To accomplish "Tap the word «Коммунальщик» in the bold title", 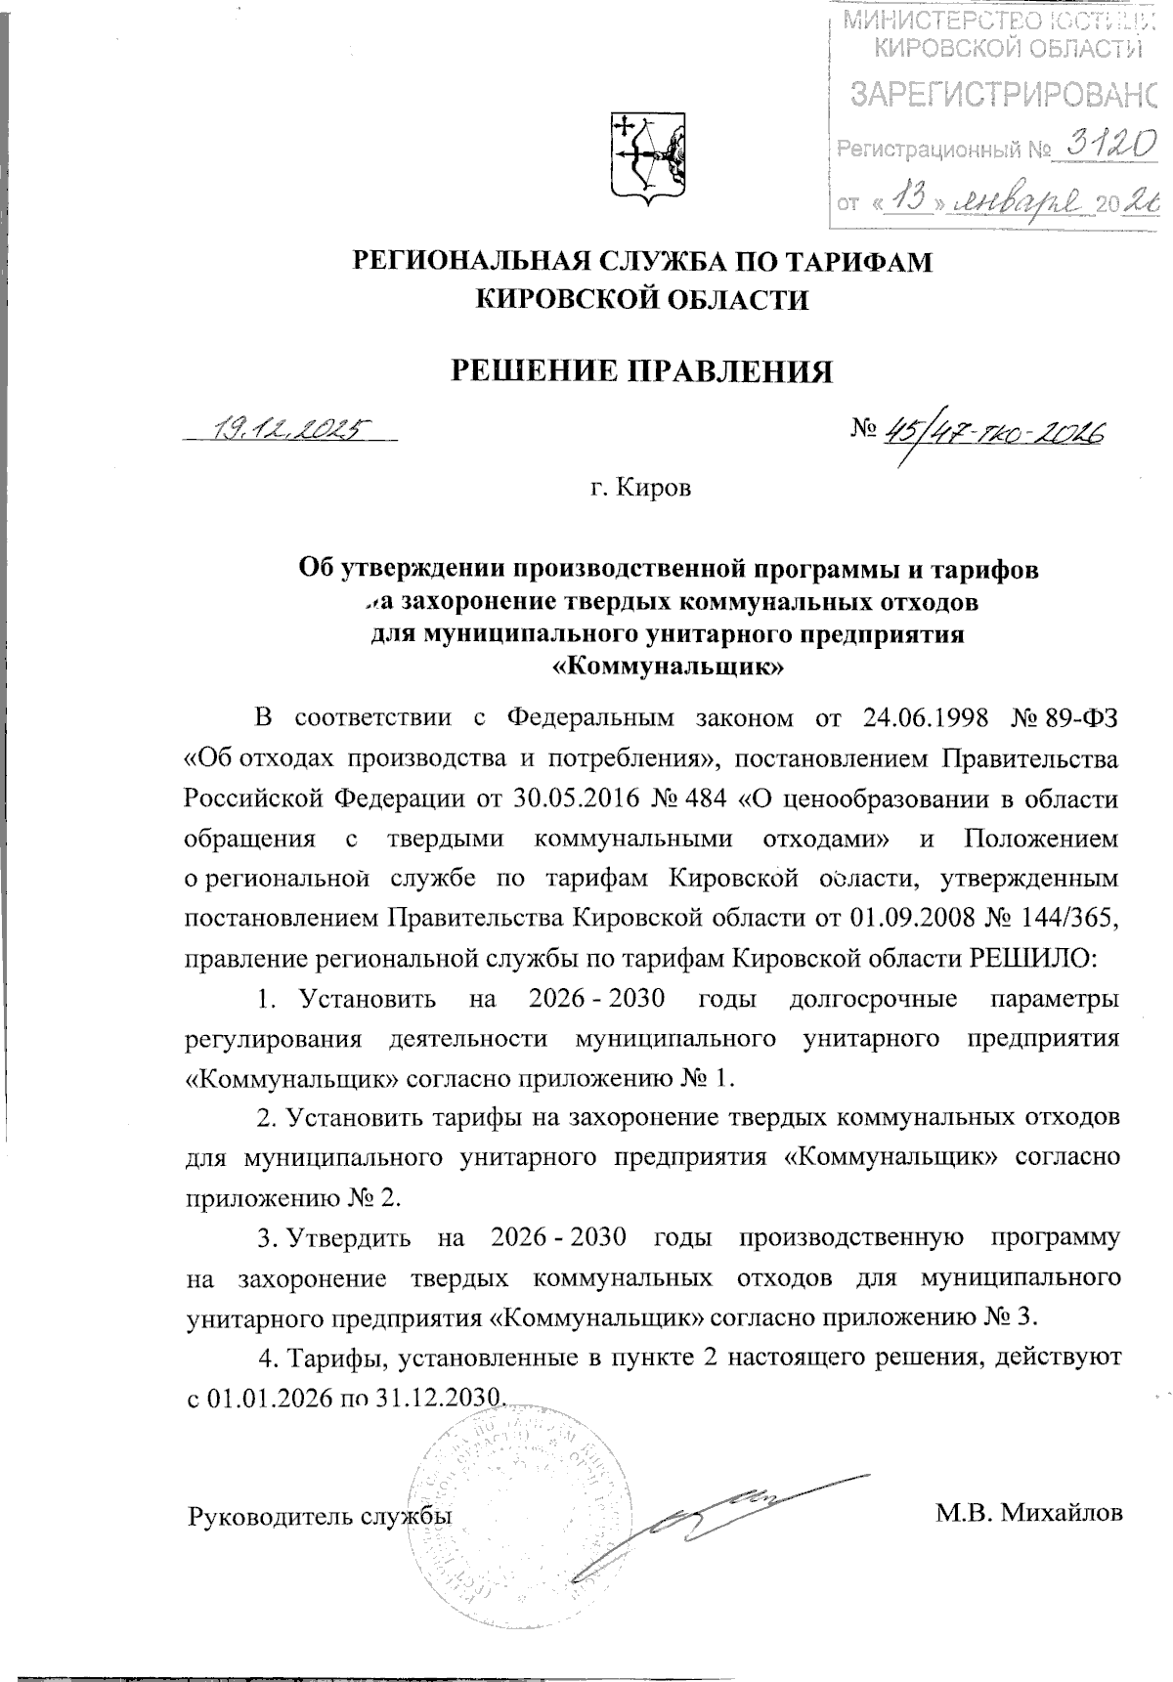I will pos(669,668).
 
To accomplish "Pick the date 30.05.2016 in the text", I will pos(575,798).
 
